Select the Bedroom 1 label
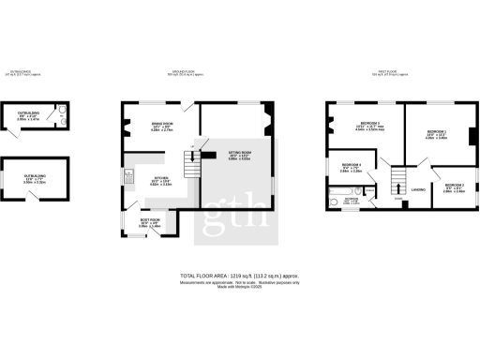[x=437, y=132]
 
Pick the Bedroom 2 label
[x=453, y=187]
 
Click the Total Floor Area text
[x=239, y=276]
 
